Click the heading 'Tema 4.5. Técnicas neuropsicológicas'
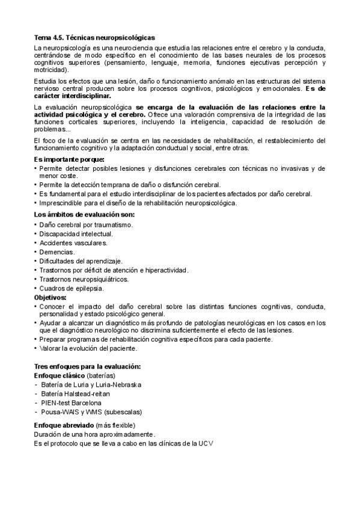click(x=94, y=38)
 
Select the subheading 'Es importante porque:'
click(x=69, y=159)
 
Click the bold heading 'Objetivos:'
click(x=50, y=297)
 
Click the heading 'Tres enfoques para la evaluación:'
click(x=87, y=366)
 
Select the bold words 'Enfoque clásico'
click(x=59, y=375)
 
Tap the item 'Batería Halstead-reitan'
click(x=75, y=393)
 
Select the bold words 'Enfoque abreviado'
click(x=63, y=425)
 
